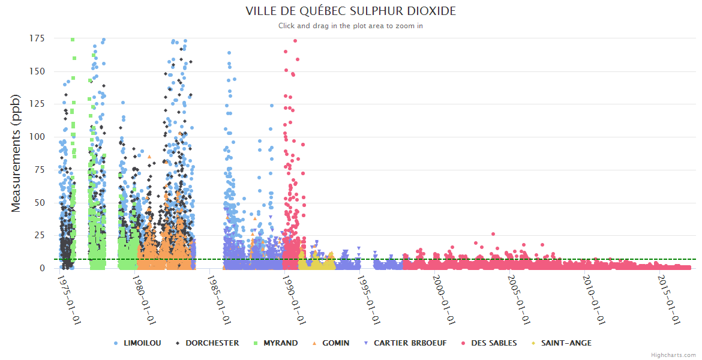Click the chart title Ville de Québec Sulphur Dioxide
click(351, 11)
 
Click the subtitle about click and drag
click(351, 26)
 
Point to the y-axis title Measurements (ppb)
click(16, 153)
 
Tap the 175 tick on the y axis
click(37, 38)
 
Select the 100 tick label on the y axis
click(37, 137)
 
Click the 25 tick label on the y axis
click(40, 235)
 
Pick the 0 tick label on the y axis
click(42, 268)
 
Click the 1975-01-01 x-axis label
click(70, 300)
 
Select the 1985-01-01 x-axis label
click(220, 300)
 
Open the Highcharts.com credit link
click(673, 355)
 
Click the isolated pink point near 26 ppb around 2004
click(493, 234)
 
